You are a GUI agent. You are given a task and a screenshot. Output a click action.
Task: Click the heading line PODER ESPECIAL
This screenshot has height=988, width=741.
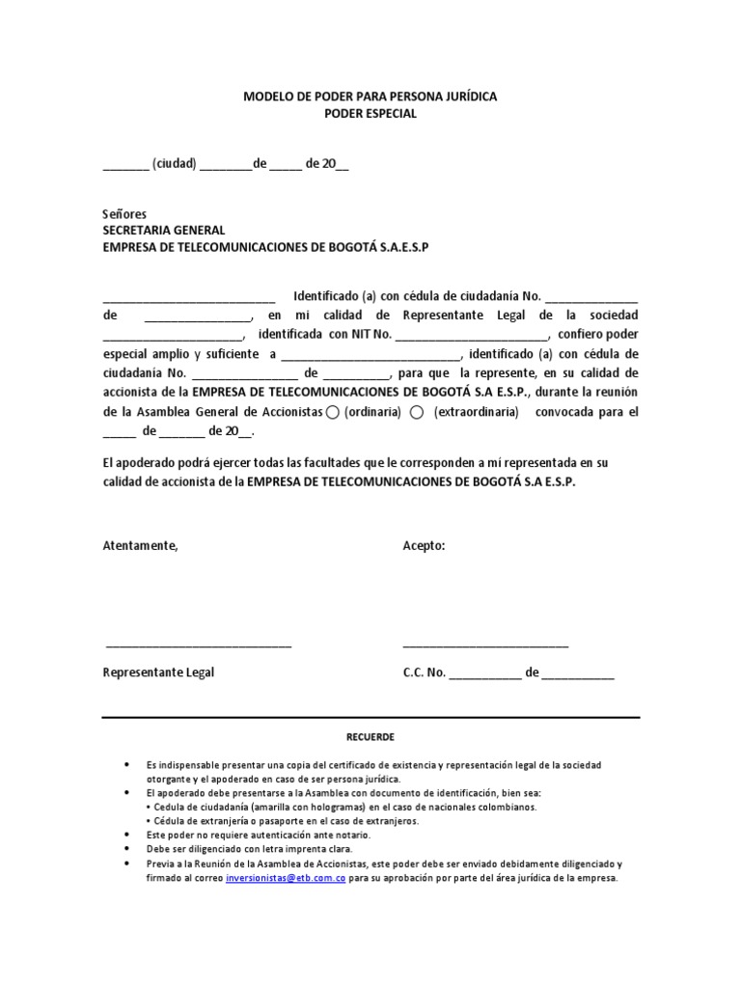click(370, 114)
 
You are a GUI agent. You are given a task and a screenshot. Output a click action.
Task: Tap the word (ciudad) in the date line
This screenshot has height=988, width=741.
click(174, 164)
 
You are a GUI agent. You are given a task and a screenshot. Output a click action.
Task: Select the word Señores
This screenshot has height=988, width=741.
click(124, 213)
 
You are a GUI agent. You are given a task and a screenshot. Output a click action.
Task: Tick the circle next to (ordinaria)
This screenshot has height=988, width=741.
click(333, 413)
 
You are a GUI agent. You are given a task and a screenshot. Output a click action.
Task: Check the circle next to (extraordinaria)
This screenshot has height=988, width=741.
click(417, 413)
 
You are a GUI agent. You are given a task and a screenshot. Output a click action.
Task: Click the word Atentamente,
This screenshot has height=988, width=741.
click(140, 545)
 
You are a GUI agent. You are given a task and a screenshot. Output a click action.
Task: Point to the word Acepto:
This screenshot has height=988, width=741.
click(424, 545)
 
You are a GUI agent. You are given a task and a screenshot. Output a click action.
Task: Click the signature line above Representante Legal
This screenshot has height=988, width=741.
click(198, 645)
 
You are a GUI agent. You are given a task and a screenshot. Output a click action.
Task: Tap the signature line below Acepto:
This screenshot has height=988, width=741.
click(485, 645)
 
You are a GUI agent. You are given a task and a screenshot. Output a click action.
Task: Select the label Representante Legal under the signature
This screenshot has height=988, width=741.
click(158, 672)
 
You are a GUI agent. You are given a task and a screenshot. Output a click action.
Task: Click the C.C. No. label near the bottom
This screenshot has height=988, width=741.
click(424, 672)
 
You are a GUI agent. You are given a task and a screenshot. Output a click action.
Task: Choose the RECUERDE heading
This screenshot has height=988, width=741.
click(370, 737)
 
